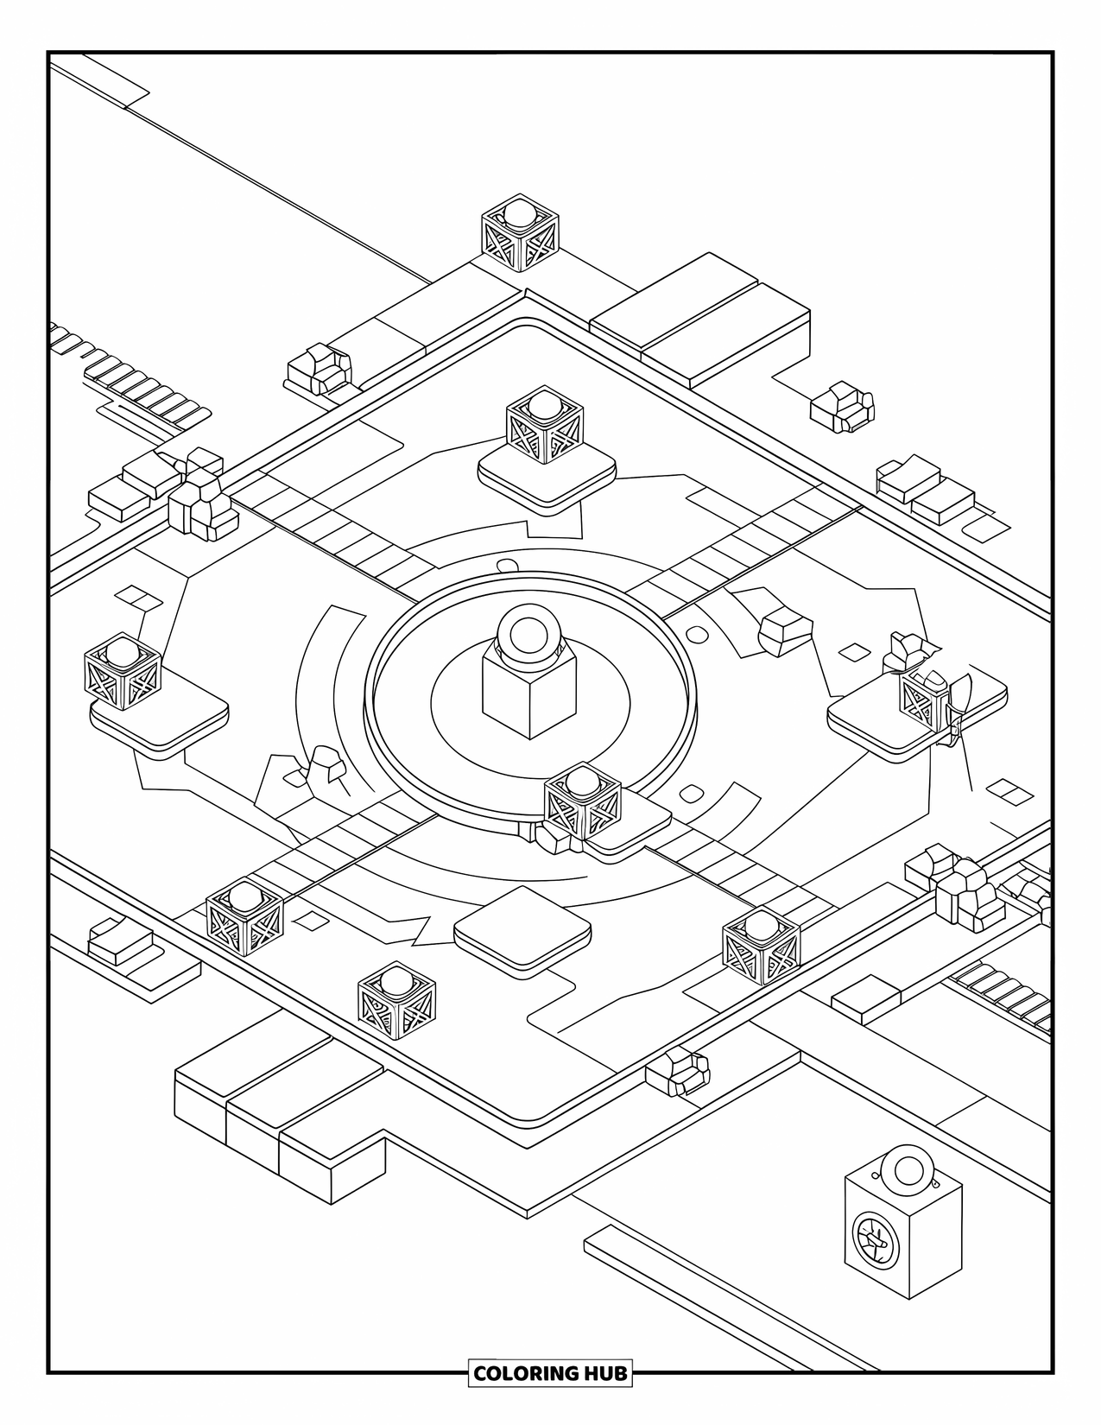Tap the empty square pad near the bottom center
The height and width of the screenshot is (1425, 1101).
tap(522, 930)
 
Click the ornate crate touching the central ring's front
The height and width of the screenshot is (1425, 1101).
tap(583, 803)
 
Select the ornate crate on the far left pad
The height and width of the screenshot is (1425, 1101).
tap(123, 672)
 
